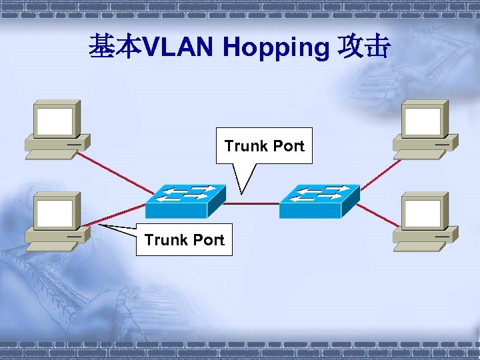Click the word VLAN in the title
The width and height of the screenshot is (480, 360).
tap(179, 47)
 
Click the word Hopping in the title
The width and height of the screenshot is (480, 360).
tap(276, 47)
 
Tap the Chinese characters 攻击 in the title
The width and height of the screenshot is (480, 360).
tap(364, 47)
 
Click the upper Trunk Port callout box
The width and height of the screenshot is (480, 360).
tap(264, 145)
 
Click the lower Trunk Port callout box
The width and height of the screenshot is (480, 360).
tap(184, 239)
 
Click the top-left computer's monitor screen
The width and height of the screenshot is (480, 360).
tap(55, 122)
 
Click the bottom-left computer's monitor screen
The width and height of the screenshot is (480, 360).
tap(55, 214)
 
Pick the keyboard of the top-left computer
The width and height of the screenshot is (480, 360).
tap(49, 153)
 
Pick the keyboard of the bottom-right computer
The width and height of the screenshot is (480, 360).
tap(419, 245)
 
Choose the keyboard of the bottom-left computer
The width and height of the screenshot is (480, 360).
tap(49, 245)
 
